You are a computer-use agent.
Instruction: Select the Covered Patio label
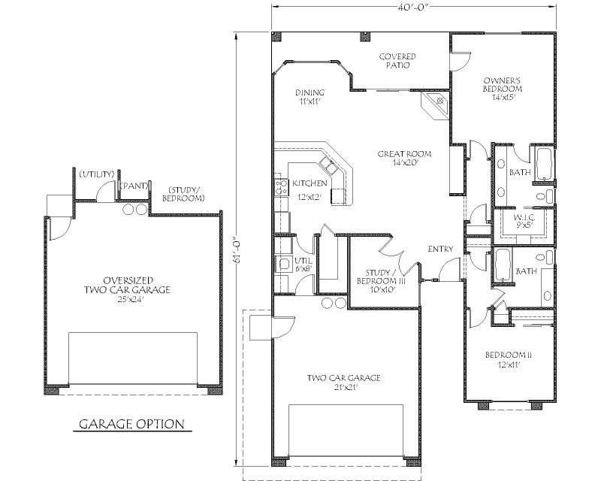point(397,61)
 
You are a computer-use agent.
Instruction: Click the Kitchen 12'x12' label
point(309,189)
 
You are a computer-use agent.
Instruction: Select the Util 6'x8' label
point(304,263)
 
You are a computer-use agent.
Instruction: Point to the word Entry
point(440,250)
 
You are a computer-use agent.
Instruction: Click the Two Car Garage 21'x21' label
point(344,383)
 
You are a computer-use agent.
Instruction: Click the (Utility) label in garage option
point(96,174)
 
